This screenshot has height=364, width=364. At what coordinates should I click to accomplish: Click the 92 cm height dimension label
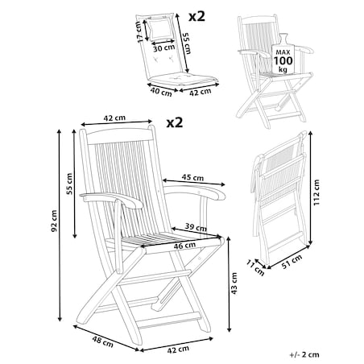click(54, 221)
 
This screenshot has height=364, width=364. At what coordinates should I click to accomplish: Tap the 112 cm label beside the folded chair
click(317, 192)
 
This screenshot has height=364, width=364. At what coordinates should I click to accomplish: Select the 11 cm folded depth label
click(255, 267)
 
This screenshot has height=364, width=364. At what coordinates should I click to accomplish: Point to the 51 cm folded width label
click(292, 262)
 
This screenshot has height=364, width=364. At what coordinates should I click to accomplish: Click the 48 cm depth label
click(103, 341)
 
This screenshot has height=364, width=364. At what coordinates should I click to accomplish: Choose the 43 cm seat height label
click(234, 283)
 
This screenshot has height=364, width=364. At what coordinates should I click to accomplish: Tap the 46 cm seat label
click(184, 246)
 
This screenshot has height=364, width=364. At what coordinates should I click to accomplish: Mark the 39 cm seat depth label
click(196, 227)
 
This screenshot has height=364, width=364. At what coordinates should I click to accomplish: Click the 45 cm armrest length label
click(192, 177)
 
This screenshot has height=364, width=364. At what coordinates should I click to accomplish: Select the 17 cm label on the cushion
click(139, 31)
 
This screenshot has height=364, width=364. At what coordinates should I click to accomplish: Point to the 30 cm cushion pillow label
click(164, 48)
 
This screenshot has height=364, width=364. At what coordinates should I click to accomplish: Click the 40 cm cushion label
click(161, 92)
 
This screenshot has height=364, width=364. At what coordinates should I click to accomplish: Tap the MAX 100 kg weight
click(283, 60)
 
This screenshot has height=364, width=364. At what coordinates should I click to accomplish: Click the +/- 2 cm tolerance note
click(304, 354)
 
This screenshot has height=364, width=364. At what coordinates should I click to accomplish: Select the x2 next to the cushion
click(196, 17)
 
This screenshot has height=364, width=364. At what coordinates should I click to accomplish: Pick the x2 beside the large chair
click(175, 122)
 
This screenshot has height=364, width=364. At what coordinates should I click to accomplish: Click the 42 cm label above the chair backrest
click(114, 118)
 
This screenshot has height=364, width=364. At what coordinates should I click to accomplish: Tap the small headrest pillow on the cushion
click(160, 28)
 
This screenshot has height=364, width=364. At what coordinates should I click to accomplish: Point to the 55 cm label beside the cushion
click(186, 43)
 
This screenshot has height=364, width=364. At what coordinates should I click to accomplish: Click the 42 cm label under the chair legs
click(178, 350)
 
